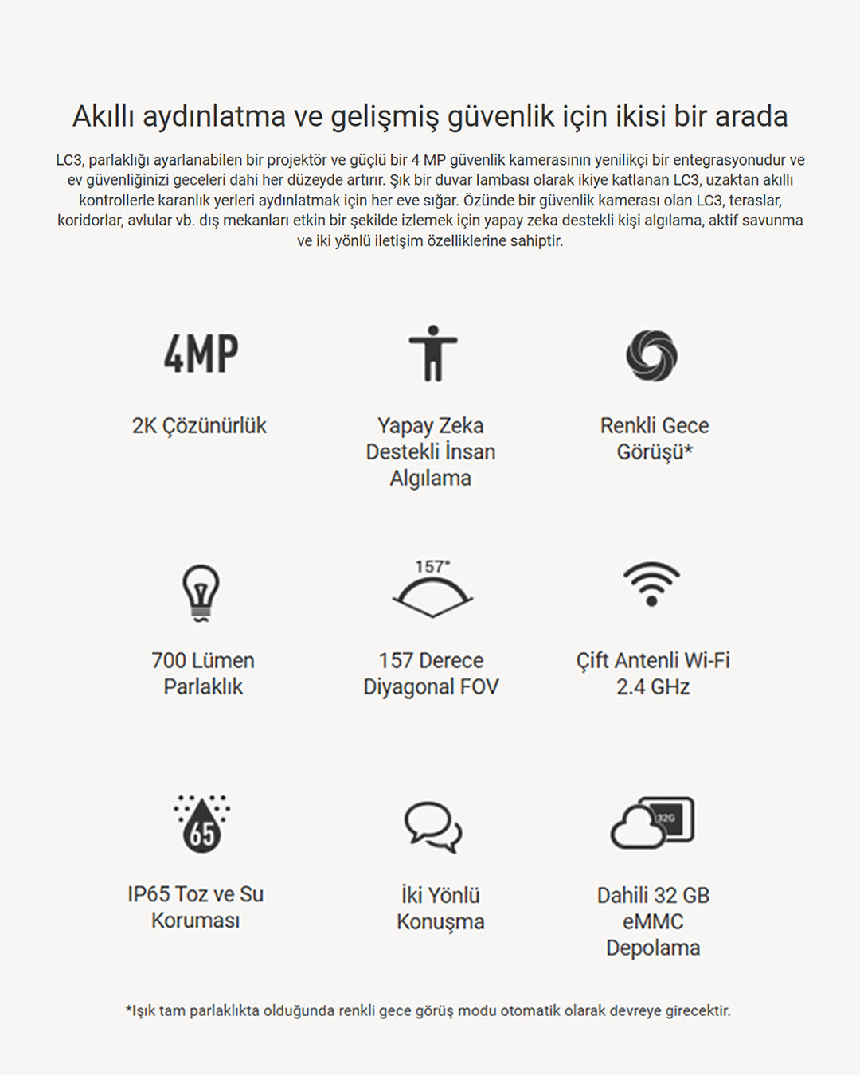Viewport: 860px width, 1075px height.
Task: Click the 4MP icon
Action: coord(201,354)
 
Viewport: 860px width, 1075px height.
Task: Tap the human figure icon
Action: coord(432,354)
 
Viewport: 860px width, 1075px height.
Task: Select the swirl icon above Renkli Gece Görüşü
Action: coord(651,355)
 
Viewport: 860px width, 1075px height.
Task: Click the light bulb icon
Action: coord(201,592)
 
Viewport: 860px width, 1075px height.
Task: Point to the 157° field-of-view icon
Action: coord(432,589)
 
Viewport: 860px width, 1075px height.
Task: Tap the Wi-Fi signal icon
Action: coord(651,584)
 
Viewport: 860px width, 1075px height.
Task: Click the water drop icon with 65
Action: coord(201,824)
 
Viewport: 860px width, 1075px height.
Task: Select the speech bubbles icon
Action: coord(432,827)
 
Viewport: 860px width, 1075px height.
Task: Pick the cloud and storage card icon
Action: coord(652,823)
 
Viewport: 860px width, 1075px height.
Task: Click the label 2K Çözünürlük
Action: coord(199,426)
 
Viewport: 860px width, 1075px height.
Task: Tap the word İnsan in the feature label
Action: coord(470,452)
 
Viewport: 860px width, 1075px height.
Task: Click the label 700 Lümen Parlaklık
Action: coord(203,674)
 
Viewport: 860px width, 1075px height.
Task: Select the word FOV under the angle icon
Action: coord(479,687)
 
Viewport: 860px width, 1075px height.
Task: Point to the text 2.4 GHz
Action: coord(653,687)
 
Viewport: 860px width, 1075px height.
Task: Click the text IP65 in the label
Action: coord(148,894)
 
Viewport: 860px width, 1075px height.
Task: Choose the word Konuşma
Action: coord(440,922)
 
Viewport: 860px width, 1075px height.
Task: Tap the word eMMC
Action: coord(653,922)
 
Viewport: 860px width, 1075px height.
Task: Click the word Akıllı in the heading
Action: coord(104,116)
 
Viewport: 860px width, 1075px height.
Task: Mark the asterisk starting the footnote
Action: coord(128,1010)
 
